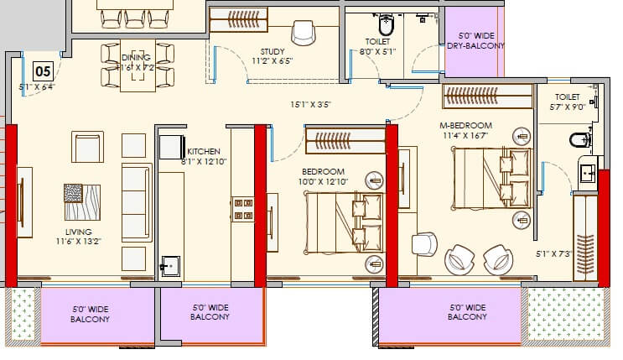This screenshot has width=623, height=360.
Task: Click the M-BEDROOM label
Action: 466,125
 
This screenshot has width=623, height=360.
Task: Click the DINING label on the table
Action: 135,56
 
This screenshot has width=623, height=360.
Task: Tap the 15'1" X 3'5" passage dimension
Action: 307,105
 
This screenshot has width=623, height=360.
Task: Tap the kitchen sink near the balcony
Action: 171,266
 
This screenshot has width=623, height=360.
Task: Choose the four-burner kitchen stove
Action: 244,209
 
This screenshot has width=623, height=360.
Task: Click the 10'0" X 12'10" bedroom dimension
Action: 324,181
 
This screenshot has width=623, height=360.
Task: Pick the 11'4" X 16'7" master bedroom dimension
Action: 466,136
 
